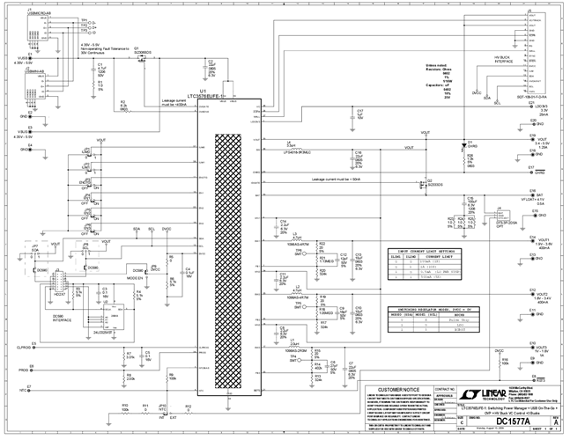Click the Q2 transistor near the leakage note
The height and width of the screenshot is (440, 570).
422,185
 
